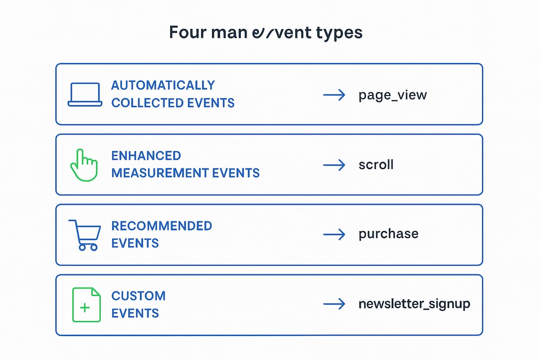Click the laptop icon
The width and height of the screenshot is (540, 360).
pos(85,94)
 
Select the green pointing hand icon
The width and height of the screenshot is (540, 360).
pos(84,165)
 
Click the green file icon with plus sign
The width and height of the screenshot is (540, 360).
pos(86,305)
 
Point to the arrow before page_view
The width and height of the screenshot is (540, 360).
pos(334,95)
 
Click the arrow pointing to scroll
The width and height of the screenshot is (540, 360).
pos(334,165)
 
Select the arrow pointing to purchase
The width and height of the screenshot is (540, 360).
pos(334,234)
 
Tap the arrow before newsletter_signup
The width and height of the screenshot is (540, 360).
pos(334,304)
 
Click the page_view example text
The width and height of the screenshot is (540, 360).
pos(392,95)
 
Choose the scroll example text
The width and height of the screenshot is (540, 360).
pos(376,165)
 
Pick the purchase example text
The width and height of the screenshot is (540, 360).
pos(388,234)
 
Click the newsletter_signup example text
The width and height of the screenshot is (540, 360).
pos(414,304)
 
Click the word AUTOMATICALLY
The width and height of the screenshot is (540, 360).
pos(163,85)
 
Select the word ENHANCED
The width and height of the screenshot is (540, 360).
pos(146,156)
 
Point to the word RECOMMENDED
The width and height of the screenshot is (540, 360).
pos(162,226)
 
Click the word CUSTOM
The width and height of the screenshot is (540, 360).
pos(139,296)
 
